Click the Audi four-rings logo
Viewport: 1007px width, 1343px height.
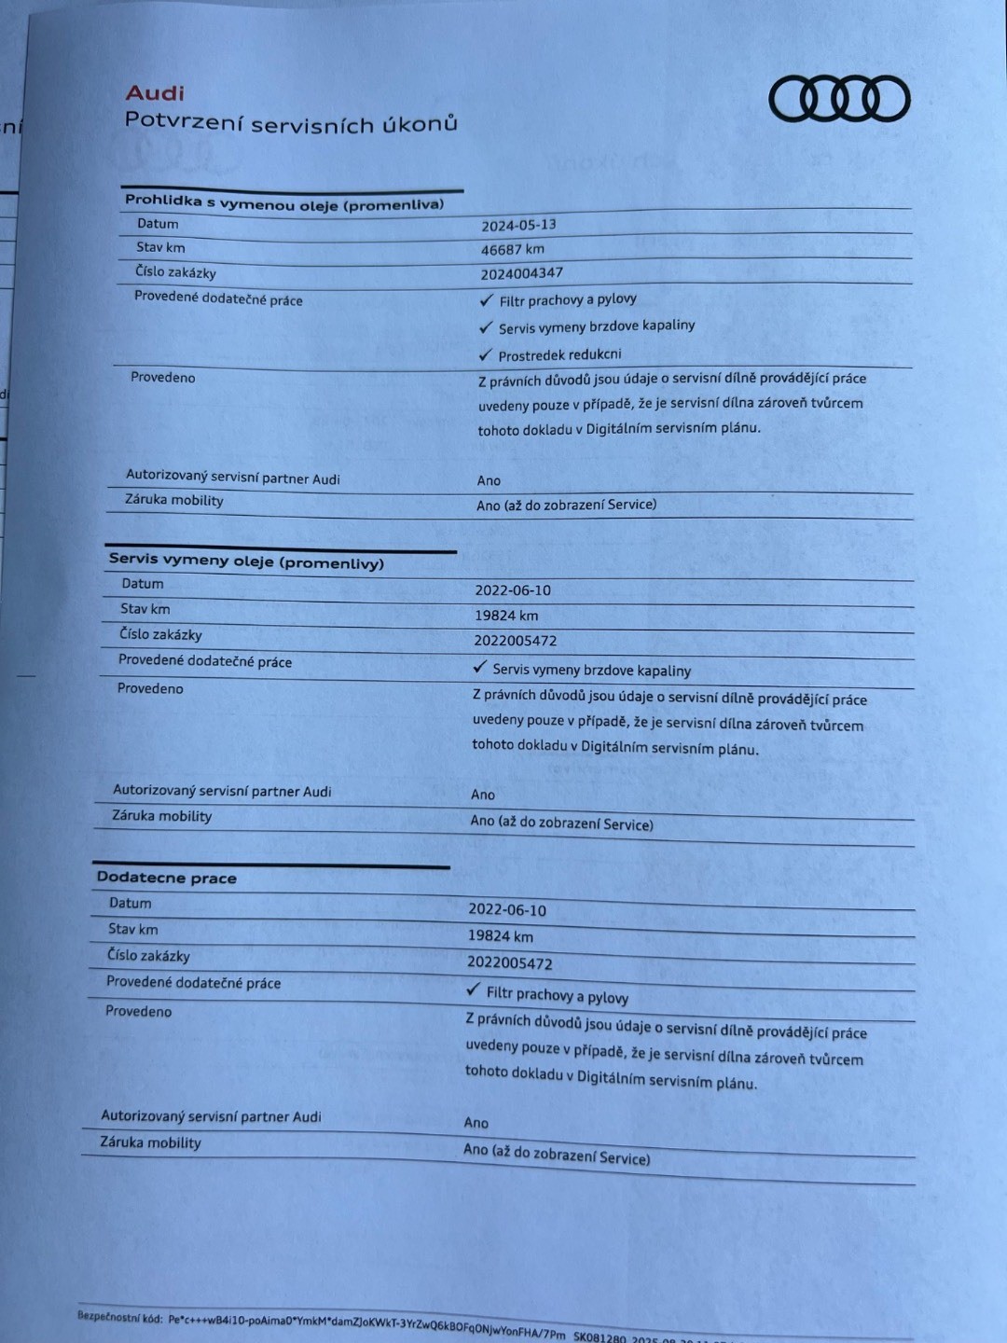click(839, 99)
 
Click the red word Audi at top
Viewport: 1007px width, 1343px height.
click(155, 93)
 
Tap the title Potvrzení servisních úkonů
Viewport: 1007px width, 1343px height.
click(291, 122)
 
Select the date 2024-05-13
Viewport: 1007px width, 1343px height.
click(518, 225)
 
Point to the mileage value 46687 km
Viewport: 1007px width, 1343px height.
click(512, 249)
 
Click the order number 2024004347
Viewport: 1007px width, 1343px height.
click(521, 273)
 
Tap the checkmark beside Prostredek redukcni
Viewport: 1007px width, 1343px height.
click(485, 354)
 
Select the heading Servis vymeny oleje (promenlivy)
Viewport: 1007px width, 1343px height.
click(246, 561)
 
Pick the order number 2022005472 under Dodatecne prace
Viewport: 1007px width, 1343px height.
click(509, 962)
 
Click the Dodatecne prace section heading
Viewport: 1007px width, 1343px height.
click(166, 878)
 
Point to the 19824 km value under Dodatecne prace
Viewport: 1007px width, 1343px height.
click(500, 936)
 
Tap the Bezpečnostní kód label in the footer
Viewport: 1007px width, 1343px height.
click(119, 1317)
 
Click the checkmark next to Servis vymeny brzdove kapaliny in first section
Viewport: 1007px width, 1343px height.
click(485, 327)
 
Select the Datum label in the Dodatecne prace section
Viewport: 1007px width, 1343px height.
click(130, 903)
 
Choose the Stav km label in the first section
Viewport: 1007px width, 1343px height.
click(160, 247)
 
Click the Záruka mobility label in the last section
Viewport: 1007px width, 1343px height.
click(150, 1142)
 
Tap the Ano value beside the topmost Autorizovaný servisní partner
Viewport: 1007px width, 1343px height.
click(489, 480)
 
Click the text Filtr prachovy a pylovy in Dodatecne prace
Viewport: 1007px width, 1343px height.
click(557, 995)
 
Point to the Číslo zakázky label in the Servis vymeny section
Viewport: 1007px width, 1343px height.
click(160, 634)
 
